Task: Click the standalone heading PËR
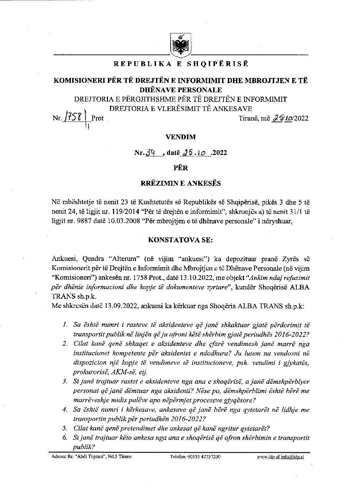[181, 168]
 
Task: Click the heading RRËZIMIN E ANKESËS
[181, 183]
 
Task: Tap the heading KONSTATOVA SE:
[181, 239]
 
